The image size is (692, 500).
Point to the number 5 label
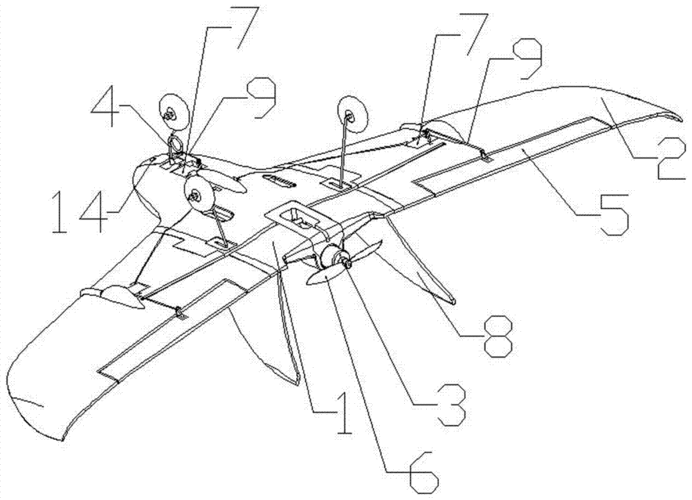612,215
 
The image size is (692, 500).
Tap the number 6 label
424,472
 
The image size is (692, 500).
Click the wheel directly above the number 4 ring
174,112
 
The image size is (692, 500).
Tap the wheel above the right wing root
352,116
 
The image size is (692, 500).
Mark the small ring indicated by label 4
175,143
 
